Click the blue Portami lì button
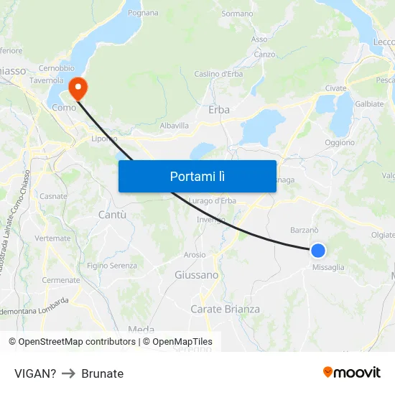click(x=197, y=176)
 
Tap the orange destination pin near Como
click(x=77, y=88)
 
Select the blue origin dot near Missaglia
click(x=317, y=251)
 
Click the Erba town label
click(x=219, y=110)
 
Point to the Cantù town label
click(x=111, y=215)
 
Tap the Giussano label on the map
click(x=196, y=275)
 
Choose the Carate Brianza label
click(x=225, y=310)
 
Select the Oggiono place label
click(x=340, y=142)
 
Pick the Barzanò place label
click(x=304, y=230)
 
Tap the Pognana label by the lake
click(x=143, y=13)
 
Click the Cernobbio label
click(x=57, y=68)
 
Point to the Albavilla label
click(x=174, y=125)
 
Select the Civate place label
click(x=335, y=88)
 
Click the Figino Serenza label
click(x=111, y=266)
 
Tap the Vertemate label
click(x=52, y=238)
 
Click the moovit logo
click(x=352, y=373)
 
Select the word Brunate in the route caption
click(x=102, y=373)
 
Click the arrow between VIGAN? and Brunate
click(x=69, y=373)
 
